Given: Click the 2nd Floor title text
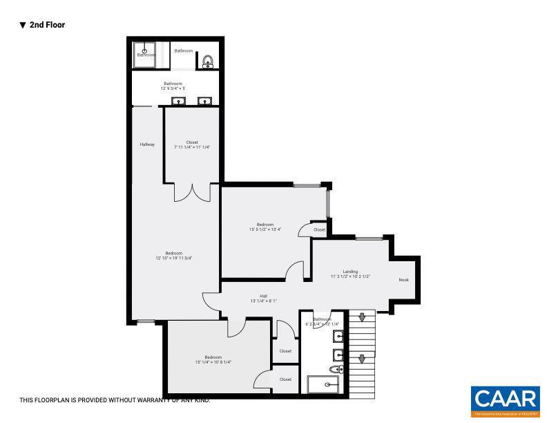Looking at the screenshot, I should point(47,25).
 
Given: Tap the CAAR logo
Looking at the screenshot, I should point(505,399).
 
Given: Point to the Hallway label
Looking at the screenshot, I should point(147,144).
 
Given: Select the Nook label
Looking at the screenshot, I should point(404,280).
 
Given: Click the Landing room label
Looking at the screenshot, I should point(350,272).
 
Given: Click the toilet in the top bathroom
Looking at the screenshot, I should point(207,62).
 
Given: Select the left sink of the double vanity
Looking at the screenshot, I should point(178,102).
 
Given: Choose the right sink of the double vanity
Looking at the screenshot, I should point(204,102).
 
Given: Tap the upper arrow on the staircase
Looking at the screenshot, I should point(361,317).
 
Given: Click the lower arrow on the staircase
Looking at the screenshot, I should point(361,359).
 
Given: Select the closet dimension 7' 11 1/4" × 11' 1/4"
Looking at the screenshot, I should point(191,147).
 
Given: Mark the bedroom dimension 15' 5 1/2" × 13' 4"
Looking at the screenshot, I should point(265,229).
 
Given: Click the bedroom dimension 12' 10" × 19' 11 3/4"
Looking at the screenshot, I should point(173,258).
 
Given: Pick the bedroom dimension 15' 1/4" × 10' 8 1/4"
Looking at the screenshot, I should point(213,361).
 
